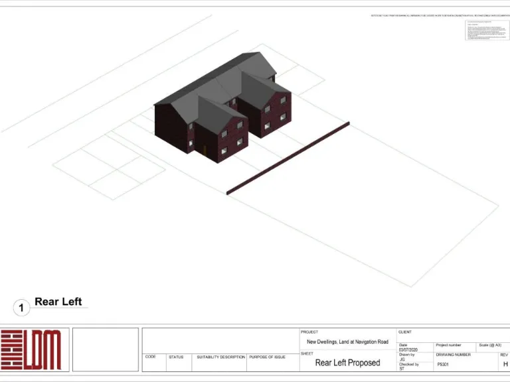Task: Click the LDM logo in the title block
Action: pos(31,350)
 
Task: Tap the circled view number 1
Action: pos(21,308)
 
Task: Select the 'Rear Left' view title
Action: pos(58,302)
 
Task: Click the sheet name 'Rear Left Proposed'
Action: pos(347,363)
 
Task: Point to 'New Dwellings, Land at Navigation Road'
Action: pos(347,342)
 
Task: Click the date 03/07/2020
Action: pos(408,350)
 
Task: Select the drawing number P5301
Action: pos(444,365)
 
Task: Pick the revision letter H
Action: pos(505,364)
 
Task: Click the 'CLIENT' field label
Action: pos(405,332)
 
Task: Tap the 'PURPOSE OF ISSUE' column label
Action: pos(267,357)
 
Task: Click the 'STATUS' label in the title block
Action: pos(176,357)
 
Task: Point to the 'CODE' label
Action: pos(151,357)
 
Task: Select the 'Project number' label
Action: pos(448,345)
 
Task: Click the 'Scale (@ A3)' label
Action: pos(489,345)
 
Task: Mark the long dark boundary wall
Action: pos(288,159)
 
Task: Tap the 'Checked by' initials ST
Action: pos(402,369)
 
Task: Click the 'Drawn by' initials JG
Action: pos(402,359)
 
